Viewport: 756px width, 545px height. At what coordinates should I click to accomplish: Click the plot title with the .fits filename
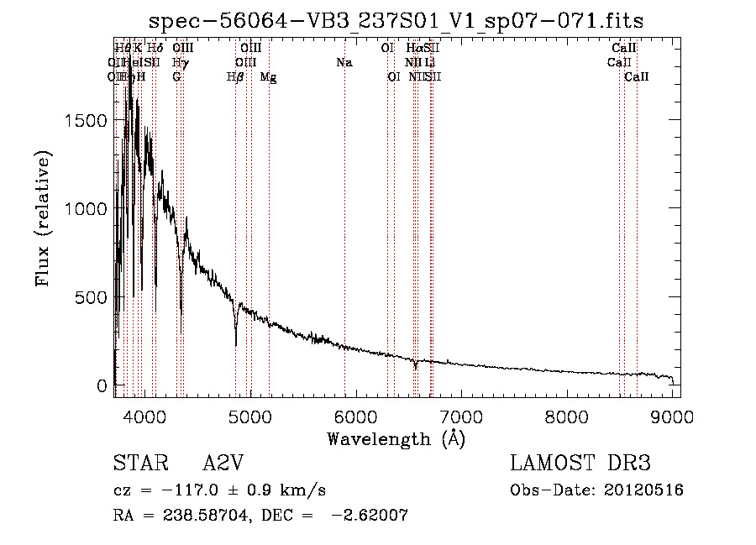click(x=396, y=20)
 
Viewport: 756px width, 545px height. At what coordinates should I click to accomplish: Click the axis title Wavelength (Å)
click(x=396, y=438)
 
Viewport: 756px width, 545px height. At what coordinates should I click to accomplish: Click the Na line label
click(x=344, y=63)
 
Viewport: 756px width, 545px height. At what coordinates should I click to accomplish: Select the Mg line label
click(x=269, y=77)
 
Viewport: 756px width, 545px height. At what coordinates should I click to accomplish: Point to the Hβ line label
click(x=236, y=77)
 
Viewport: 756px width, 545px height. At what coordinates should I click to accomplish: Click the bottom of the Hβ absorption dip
click(x=236, y=343)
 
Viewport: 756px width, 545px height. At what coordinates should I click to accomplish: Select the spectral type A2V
click(x=223, y=464)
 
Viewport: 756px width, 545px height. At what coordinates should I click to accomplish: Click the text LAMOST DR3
click(x=580, y=464)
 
